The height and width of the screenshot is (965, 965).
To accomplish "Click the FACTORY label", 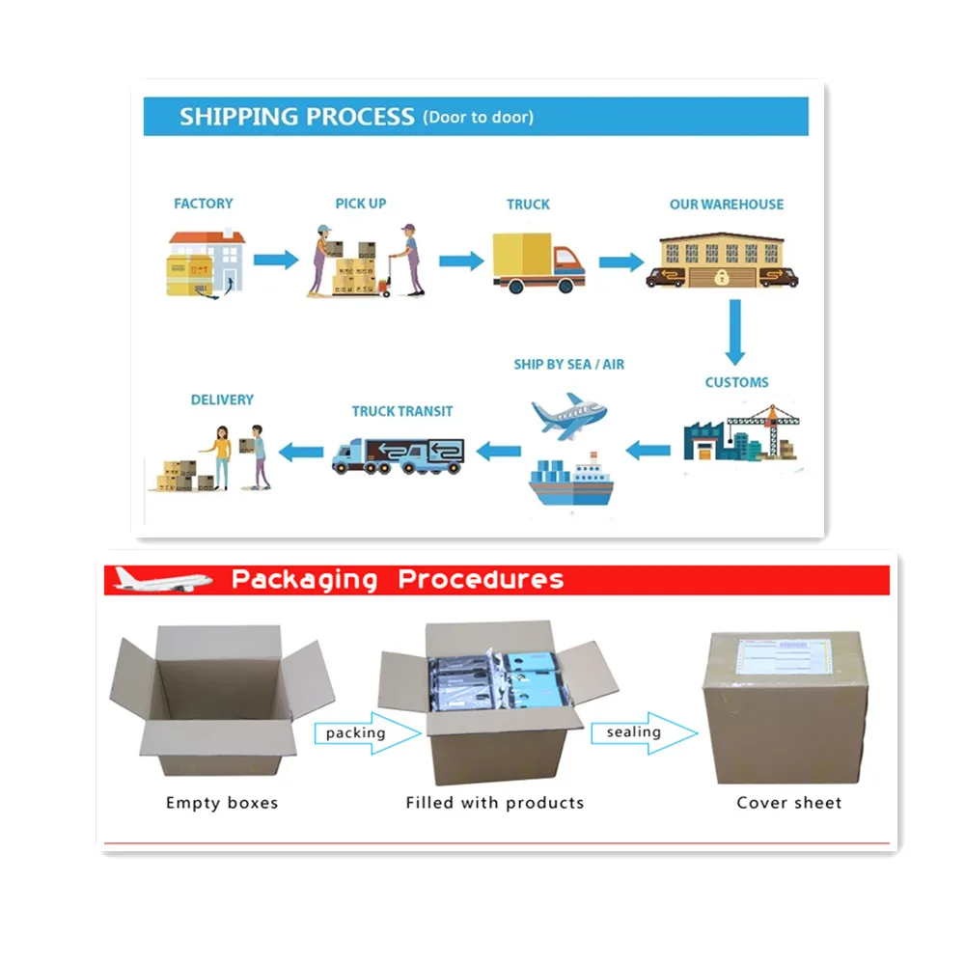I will pyautogui.click(x=203, y=204).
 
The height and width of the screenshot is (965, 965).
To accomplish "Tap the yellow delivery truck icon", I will pyautogui.click(x=538, y=262).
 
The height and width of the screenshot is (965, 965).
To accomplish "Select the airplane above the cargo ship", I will pyautogui.click(x=570, y=416).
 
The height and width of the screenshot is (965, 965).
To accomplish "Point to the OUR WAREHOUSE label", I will pyautogui.click(x=727, y=205).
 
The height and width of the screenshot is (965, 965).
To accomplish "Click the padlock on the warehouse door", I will pyautogui.click(x=723, y=278).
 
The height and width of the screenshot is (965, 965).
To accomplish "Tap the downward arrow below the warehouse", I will pyautogui.click(x=735, y=331).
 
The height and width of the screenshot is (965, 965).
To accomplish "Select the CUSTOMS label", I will pyautogui.click(x=736, y=382).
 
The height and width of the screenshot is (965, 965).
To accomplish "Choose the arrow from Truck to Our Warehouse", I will pyautogui.click(x=620, y=262).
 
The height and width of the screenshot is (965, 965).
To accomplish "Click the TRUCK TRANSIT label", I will pyautogui.click(x=401, y=411).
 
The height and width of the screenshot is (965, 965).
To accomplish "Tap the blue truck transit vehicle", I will pyautogui.click(x=398, y=455).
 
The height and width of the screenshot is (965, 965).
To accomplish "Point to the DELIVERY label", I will pyautogui.click(x=222, y=400).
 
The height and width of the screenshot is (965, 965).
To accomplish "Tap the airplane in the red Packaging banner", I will pyautogui.click(x=162, y=579).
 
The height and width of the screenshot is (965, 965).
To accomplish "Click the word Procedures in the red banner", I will pyautogui.click(x=481, y=580).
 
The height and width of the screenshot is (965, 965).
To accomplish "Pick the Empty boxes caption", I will pyautogui.click(x=222, y=803).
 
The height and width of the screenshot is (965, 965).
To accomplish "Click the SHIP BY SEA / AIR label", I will pyautogui.click(x=568, y=364).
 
